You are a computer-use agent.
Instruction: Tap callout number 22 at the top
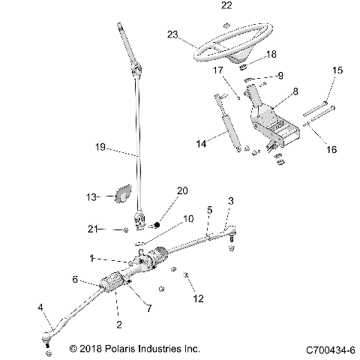click(x=226, y=6)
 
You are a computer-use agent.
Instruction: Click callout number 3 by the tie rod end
click(x=230, y=201)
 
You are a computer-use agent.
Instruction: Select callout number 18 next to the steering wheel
click(x=271, y=55)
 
